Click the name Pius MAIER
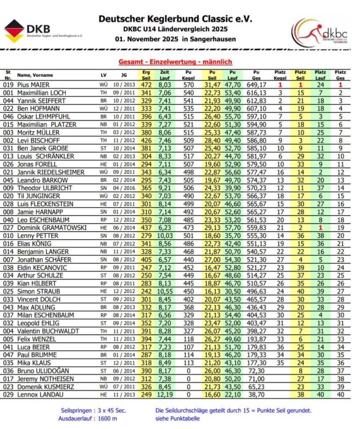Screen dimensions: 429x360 [x=33, y=85]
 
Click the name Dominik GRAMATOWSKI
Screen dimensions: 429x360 [x=52, y=227]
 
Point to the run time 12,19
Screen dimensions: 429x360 [x=165, y=395]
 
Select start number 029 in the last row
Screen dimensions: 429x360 [x=8, y=395]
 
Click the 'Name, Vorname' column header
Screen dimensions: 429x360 [x=35, y=75]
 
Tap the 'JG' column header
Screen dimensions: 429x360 [x=123, y=75]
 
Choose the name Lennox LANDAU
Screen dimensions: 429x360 [x=39, y=395]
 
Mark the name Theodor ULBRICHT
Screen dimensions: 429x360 [x=44, y=188]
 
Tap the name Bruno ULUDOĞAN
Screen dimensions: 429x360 [x=43, y=371]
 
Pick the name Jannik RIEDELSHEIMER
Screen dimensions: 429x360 [x=51, y=172]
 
